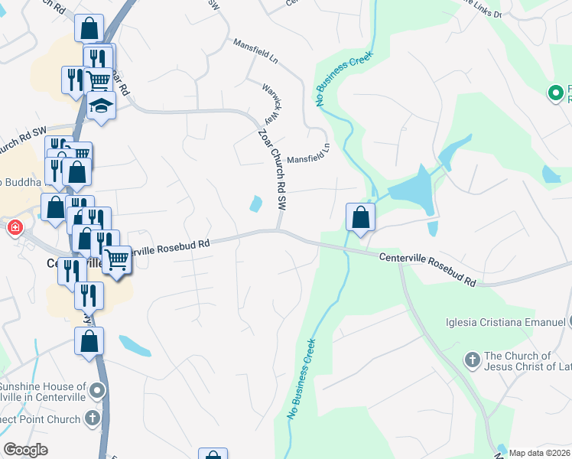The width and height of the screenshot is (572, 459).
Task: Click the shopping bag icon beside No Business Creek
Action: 360,216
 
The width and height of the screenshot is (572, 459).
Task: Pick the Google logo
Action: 25,450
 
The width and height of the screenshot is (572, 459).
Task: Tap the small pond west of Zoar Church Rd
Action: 255,203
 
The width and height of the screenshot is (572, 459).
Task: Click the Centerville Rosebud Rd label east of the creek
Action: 427,270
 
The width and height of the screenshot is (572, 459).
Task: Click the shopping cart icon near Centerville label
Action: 117,259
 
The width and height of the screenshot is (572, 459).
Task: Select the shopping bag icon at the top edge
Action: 89,29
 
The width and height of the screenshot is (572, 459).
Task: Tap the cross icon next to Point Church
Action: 93,418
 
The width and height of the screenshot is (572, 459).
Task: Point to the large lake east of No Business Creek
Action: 411,190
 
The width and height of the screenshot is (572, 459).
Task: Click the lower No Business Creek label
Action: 301,377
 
